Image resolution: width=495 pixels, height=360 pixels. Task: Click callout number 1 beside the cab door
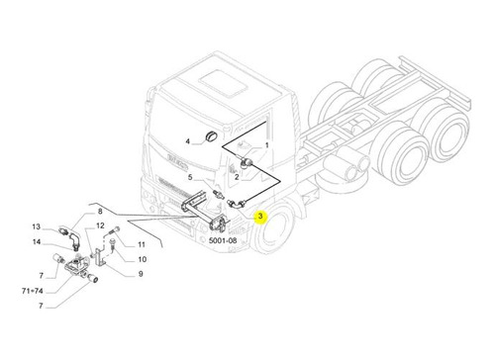coord(267,145)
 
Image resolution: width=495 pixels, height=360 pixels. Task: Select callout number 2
coord(237,177)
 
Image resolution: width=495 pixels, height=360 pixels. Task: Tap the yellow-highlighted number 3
coord(260,217)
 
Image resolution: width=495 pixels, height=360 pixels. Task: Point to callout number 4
coord(187,141)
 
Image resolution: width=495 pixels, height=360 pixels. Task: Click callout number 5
coord(190,177)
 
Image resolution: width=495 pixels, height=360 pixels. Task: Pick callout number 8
coord(100,212)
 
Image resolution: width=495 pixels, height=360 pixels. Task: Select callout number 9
coord(141,274)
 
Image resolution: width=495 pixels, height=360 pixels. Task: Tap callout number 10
coord(143,259)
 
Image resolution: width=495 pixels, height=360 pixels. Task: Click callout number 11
coord(142,244)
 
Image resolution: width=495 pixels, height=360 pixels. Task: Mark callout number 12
coord(100,225)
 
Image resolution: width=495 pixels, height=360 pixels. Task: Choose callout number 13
coord(37,226)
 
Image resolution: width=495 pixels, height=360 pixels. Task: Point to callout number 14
coord(37,242)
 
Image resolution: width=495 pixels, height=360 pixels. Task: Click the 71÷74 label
coord(33,291)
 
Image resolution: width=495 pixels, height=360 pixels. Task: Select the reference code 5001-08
coord(223,240)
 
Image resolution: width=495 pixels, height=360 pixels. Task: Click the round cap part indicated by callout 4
coord(210,136)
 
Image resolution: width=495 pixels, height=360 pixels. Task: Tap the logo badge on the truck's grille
coord(177,159)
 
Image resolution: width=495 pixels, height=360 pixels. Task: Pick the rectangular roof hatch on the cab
coord(224,83)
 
